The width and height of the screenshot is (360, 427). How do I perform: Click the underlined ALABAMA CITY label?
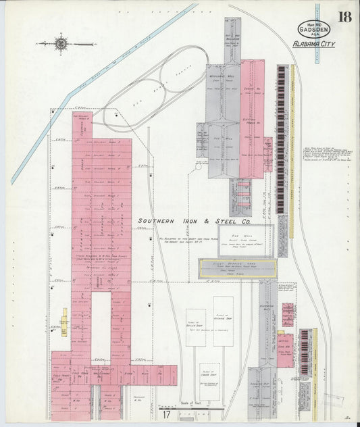[x=313, y=46]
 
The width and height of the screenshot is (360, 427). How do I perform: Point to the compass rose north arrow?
[x=61, y=44]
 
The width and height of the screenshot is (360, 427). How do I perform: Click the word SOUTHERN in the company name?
[x=163, y=221]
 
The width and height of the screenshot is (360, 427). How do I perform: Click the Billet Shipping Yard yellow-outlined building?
[x=237, y=268]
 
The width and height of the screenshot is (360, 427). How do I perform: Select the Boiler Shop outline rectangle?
[x=196, y=327]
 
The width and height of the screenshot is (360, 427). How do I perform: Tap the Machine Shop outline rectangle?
[x=223, y=321]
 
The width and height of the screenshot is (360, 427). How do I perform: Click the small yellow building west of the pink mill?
[x=65, y=322]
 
